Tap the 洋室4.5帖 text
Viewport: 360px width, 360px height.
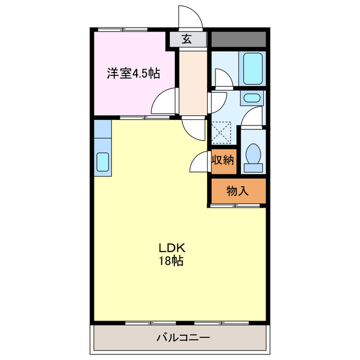(133, 73)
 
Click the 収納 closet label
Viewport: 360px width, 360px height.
(222, 160)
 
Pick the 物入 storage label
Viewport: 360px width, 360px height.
(237, 191)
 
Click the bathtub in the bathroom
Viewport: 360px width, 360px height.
(253, 68)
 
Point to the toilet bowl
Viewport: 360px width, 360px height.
(253, 155)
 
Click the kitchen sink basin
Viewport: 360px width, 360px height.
(103, 162)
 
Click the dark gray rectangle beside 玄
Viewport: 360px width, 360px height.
(238, 39)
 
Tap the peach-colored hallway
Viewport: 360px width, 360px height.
(193, 82)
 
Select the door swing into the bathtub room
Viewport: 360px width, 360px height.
(223, 79)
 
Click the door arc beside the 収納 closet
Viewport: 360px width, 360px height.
(201, 163)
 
